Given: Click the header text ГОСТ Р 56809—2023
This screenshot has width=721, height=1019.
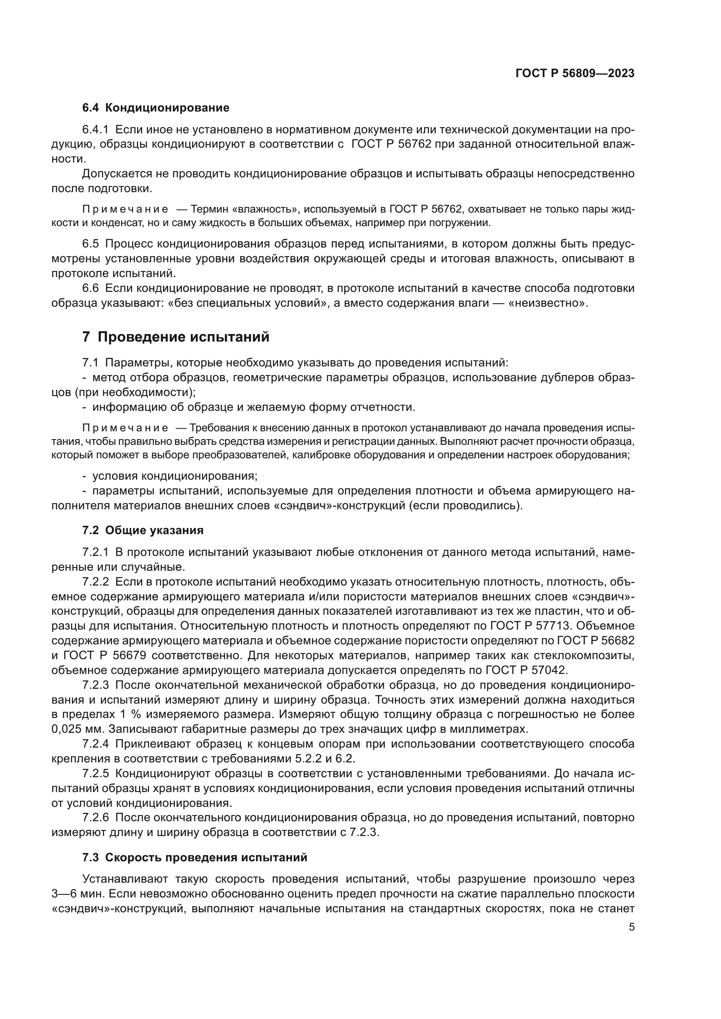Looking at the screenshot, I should (575, 74).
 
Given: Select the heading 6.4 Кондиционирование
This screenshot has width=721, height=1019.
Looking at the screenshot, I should (155, 108).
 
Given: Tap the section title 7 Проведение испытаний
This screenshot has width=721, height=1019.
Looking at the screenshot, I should (175, 337).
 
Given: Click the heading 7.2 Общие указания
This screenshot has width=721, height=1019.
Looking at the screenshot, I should (143, 530).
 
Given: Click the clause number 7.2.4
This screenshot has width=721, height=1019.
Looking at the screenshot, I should (95, 744).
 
